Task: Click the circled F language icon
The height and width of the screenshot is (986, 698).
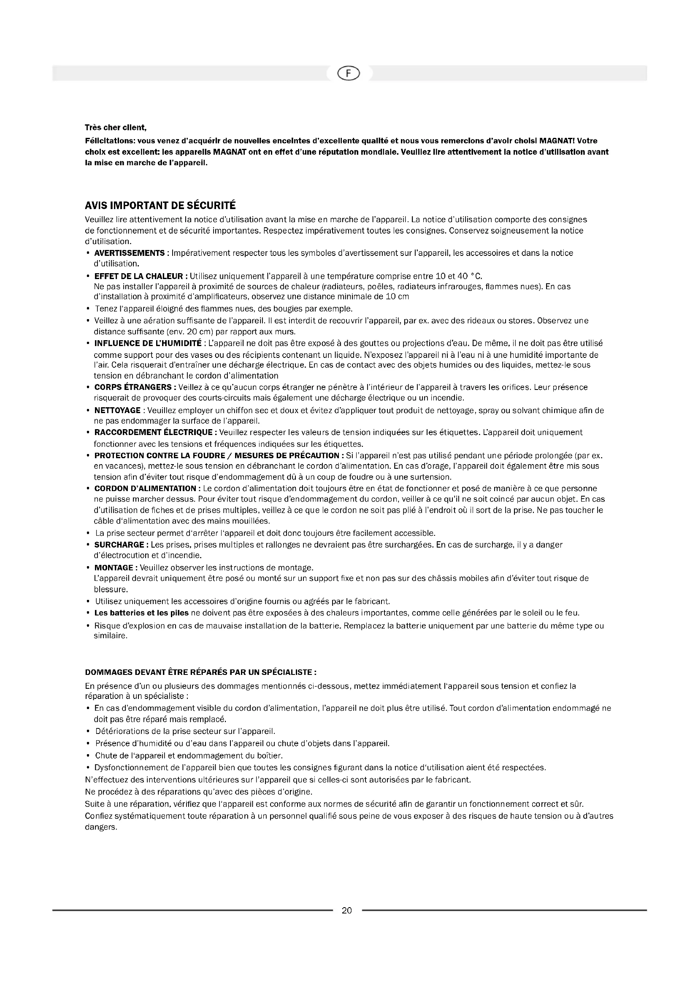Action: (x=349, y=74)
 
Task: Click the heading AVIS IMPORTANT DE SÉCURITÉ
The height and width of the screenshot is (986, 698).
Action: (x=160, y=204)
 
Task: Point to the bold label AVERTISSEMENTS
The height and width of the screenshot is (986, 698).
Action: (x=130, y=253)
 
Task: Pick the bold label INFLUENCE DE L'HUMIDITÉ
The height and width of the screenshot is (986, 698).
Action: (x=148, y=343)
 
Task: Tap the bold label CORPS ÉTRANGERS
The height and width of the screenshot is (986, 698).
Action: (x=134, y=387)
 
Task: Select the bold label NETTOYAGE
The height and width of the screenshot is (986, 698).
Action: (x=117, y=410)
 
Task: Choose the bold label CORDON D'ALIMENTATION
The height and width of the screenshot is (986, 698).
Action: (x=145, y=488)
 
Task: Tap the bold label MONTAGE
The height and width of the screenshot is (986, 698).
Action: (x=114, y=568)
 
